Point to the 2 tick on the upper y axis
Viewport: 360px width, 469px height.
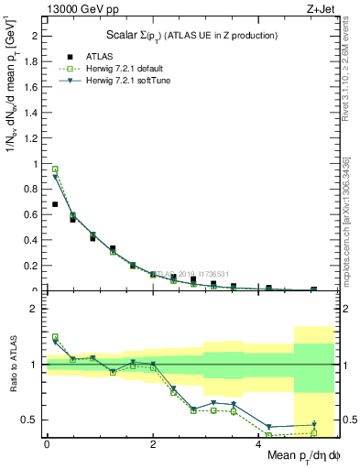[35, 36]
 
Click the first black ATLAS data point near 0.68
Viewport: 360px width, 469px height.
[55, 204]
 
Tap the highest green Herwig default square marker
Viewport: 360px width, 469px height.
[55, 169]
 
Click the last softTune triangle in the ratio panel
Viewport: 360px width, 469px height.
[313, 424]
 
